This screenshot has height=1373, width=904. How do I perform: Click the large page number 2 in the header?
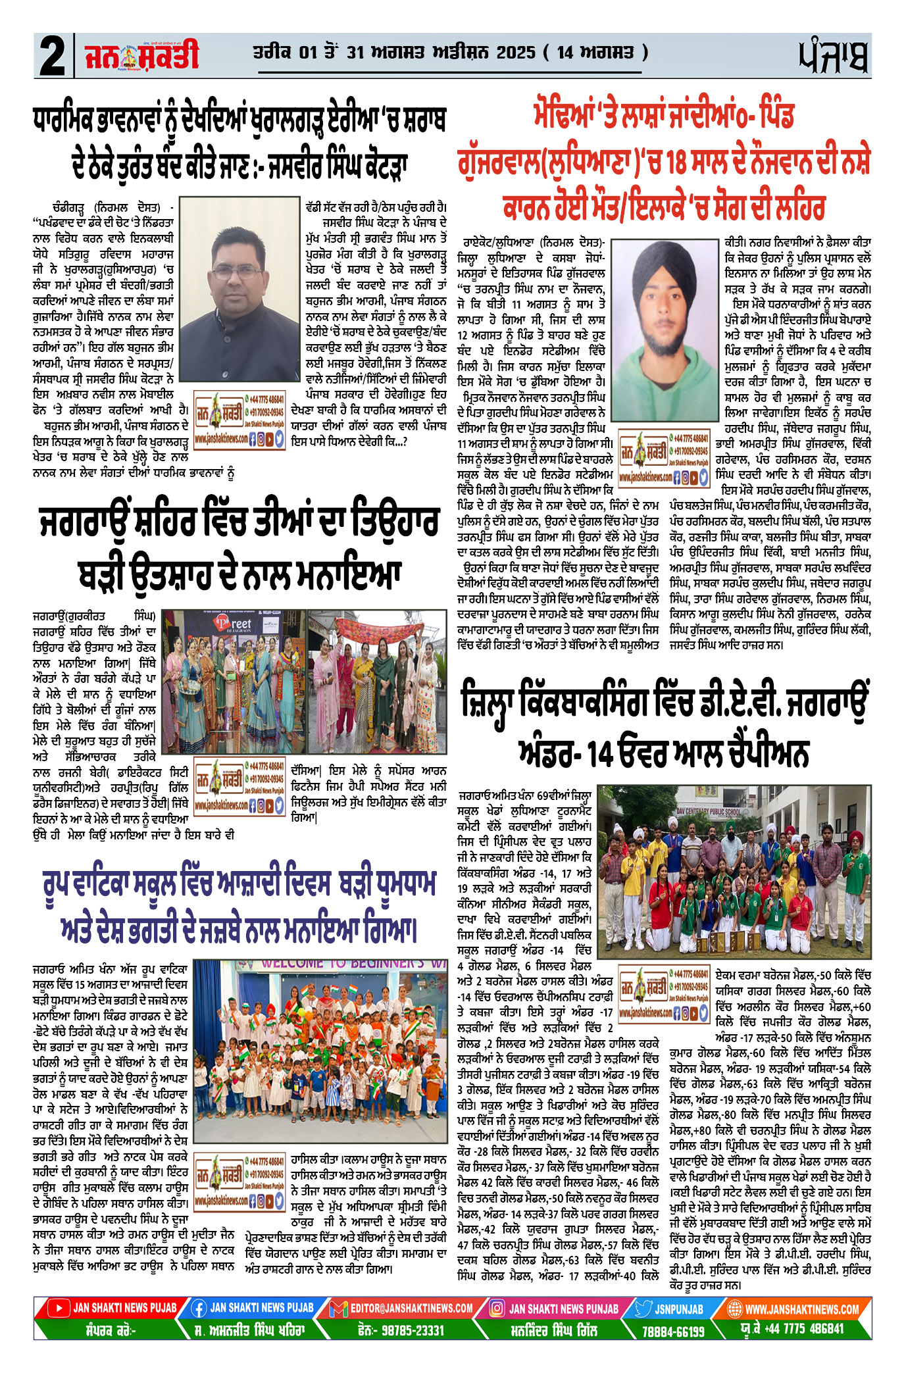click(x=52, y=55)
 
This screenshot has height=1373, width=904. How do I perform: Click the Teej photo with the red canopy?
click(x=377, y=681)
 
